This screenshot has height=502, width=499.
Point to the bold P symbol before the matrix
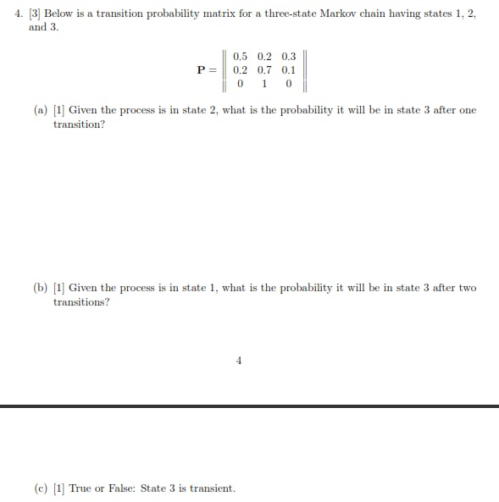tap(202, 70)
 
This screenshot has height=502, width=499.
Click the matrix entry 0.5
tap(239, 57)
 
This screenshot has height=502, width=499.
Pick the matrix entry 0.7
tap(263, 70)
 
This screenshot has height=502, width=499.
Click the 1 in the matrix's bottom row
tap(264, 84)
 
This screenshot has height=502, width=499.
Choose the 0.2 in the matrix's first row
tap(263, 57)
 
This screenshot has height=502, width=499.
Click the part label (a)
tap(41, 111)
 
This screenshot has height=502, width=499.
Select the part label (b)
tap(41, 288)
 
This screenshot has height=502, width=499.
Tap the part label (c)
tap(41, 488)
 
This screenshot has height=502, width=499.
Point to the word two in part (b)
tap(468, 288)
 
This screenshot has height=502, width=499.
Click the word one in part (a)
tap(468, 111)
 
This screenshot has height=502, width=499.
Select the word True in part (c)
tap(80, 488)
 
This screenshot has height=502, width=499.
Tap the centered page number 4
tap(238, 361)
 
